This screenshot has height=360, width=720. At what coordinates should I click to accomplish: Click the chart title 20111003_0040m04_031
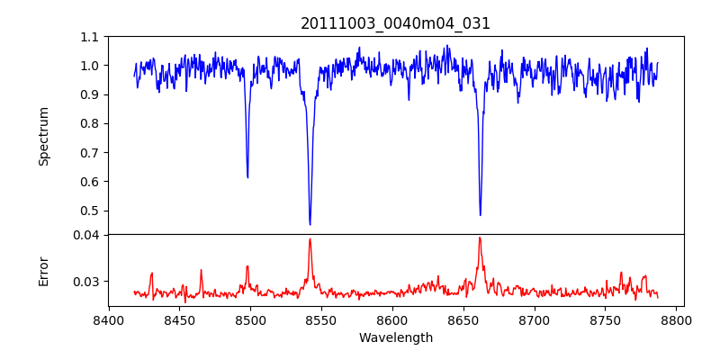pyautogui.click(x=395, y=23)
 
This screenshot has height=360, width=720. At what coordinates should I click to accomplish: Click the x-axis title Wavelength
pyautogui.click(x=395, y=337)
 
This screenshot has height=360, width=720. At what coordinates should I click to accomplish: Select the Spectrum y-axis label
pyautogui.click(x=44, y=136)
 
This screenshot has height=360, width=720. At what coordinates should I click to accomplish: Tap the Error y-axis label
pyautogui.click(x=44, y=271)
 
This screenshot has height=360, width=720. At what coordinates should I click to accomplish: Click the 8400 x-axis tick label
pyautogui.click(x=108, y=319)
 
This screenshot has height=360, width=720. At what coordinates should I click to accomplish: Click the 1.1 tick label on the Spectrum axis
pyautogui.click(x=89, y=37)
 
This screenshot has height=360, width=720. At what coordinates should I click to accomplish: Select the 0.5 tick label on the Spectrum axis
pyautogui.click(x=89, y=211)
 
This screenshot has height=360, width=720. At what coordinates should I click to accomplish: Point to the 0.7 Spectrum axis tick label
pyautogui.click(x=89, y=153)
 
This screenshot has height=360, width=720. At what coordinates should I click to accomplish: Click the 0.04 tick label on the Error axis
pyautogui.click(x=85, y=235)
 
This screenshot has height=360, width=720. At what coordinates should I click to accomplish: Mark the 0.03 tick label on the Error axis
pyautogui.click(x=85, y=282)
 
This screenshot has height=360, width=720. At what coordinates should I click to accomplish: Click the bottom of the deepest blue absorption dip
pyautogui.click(x=310, y=224)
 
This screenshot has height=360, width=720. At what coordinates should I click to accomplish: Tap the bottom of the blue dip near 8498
pyautogui.click(x=247, y=177)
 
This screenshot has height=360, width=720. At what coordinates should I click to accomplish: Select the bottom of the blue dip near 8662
pyautogui.click(x=480, y=215)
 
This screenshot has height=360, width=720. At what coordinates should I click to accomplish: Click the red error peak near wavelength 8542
pyautogui.click(x=310, y=238)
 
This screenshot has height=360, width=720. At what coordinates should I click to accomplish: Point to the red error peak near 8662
pyautogui.click(x=480, y=238)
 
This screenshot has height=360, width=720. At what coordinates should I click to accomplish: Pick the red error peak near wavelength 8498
pyautogui.click(x=247, y=265)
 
